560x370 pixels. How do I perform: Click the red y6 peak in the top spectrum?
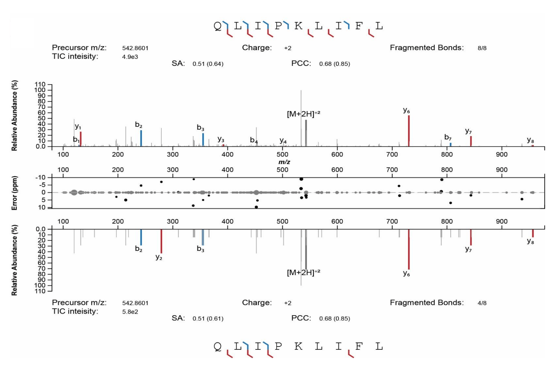click(x=409, y=131)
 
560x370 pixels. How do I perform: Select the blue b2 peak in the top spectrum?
click(x=141, y=138)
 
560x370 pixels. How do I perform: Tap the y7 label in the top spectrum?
click(x=468, y=131)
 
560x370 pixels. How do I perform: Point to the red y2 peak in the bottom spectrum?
click(x=161, y=241)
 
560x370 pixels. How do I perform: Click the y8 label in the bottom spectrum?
click(x=530, y=241)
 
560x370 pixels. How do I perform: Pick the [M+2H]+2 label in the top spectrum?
click(x=303, y=114)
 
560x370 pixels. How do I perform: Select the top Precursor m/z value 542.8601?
click(x=135, y=48)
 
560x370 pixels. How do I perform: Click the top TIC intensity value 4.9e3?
click(x=130, y=57)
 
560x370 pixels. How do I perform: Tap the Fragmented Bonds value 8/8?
click(x=482, y=48)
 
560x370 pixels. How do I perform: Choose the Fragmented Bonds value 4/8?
click(x=482, y=303)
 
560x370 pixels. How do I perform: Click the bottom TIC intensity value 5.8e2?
click(x=130, y=312)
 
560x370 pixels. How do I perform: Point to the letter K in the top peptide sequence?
click(x=299, y=26)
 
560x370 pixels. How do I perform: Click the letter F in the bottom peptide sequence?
click(x=359, y=346)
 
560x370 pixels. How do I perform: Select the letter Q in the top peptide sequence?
click(x=218, y=26)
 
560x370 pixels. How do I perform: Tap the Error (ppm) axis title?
click(x=14, y=193)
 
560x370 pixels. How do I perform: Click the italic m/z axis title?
click(x=284, y=162)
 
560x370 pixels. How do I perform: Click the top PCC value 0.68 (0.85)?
click(x=335, y=64)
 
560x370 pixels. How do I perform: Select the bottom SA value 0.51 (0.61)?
click(x=208, y=319)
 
